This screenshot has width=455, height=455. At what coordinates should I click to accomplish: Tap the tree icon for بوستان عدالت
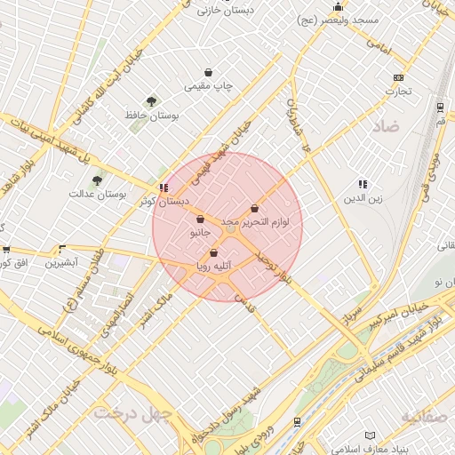tap(97, 180)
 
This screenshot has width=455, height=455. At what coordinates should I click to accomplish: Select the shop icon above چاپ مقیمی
tap(208, 73)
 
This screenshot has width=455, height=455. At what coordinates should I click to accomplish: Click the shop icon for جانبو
tap(200, 220)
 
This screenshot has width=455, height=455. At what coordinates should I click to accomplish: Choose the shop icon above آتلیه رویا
tap(213, 252)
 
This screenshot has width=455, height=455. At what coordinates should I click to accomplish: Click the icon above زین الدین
tap(363, 184)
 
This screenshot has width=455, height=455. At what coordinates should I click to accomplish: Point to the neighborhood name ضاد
tap(388, 127)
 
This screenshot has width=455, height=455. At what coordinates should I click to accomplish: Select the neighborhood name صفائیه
tap(425, 416)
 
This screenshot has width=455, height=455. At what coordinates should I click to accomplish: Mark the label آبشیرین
tap(63, 263)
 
